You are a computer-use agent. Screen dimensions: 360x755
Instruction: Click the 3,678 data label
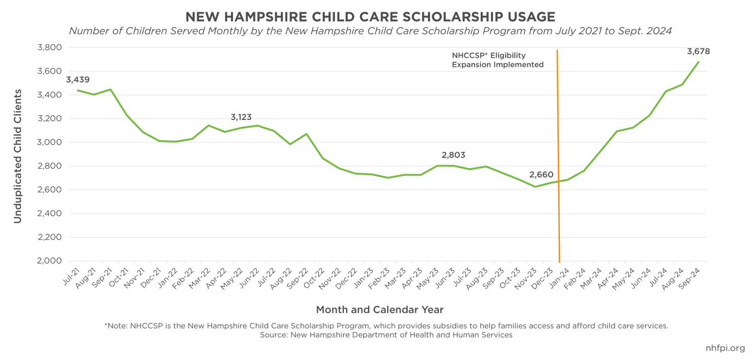[x=698, y=52]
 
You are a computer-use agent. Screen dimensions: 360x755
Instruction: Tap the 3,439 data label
[x=78, y=80]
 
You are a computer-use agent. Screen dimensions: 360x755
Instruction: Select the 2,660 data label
[x=541, y=175]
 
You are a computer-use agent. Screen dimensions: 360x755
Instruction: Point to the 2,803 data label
[x=454, y=155]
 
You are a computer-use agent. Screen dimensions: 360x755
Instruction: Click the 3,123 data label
[x=241, y=117]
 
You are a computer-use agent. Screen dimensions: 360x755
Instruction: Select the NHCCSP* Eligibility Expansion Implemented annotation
[x=497, y=60]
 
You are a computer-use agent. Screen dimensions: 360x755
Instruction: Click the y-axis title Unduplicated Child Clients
[x=18, y=156]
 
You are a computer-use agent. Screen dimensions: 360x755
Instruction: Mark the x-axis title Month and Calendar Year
[x=380, y=309]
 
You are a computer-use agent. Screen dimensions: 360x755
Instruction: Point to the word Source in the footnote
[x=273, y=335]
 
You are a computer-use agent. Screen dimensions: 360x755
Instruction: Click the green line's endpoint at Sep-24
[x=698, y=62]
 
